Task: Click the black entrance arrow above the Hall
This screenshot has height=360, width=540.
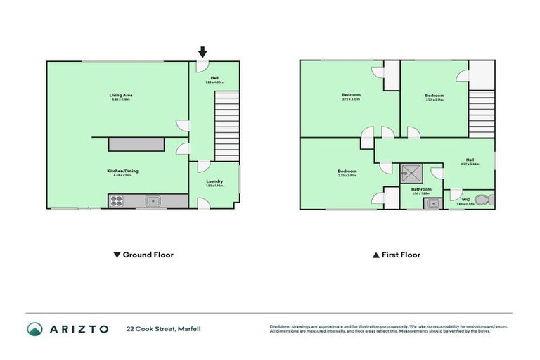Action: (202, 51)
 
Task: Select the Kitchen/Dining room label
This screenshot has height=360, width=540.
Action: (117, 172)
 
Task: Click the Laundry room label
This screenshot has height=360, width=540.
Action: (214, 181)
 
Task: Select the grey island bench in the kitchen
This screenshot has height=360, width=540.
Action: (136, 144)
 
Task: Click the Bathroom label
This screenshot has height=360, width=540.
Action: (422, 189)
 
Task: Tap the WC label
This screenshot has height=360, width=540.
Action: (465, 199)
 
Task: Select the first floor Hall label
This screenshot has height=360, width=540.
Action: (470, 160)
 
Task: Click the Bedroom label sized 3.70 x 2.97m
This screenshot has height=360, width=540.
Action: (347, 172)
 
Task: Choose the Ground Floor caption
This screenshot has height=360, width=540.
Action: (143, 255)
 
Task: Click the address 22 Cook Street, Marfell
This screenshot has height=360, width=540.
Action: (160, 329)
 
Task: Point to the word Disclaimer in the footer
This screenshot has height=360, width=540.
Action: (282, 326)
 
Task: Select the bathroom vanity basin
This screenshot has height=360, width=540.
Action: (432, 203)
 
